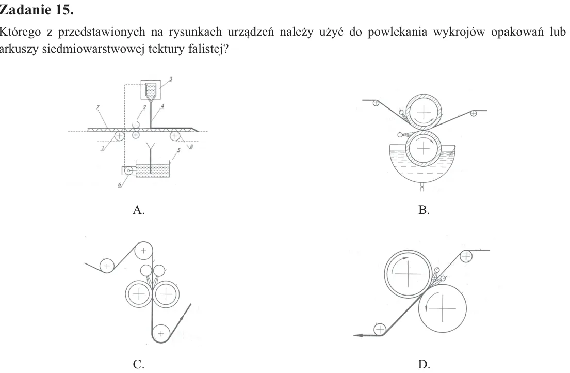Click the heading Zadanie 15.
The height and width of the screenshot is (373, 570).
[36, 9]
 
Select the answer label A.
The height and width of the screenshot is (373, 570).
[138, 210]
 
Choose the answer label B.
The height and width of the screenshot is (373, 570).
[424, 210]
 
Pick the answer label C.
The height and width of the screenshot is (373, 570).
[138, 364]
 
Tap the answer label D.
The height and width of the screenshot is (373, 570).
[424, 364]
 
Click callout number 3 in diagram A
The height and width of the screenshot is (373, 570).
[171, 79]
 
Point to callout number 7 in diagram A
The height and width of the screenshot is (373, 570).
[98, 107]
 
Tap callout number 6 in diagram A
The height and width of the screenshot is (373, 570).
[120, 185]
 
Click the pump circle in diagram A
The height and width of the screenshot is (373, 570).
[127, 170]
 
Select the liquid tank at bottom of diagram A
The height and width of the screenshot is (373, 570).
[152, 170]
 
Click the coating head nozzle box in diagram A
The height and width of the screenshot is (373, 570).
[151, 89]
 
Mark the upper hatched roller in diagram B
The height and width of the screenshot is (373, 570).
[424, 112]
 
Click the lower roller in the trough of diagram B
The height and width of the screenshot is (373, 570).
[424, 148]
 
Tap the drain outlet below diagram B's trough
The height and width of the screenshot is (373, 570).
[422, 188]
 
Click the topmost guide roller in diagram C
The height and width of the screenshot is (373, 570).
[143, 251]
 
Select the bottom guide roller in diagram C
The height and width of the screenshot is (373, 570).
[160, 333]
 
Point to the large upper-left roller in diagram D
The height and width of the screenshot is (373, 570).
[409, 273]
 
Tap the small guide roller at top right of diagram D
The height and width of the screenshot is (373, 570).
[466, 256]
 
